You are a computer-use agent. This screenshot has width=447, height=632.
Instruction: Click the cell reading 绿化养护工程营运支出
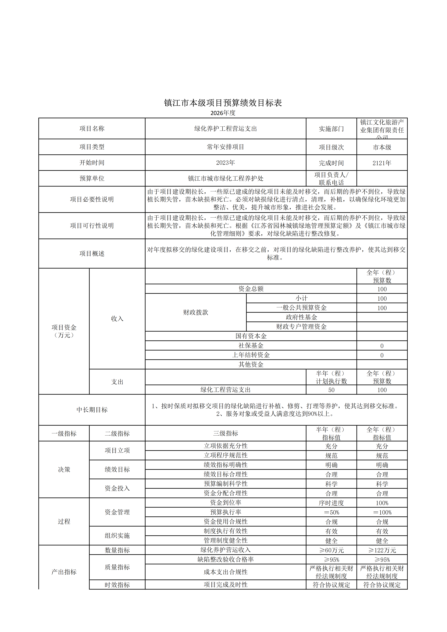click(x=225, y=129)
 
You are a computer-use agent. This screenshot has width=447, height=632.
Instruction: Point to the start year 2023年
click(x=225, y=163)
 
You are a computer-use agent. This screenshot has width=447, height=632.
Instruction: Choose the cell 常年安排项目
click(x=225, y=147)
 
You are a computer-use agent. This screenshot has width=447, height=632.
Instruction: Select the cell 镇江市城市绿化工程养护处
click(x=225, y=178)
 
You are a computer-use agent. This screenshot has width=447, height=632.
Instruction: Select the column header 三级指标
click(x=225, y=433)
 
